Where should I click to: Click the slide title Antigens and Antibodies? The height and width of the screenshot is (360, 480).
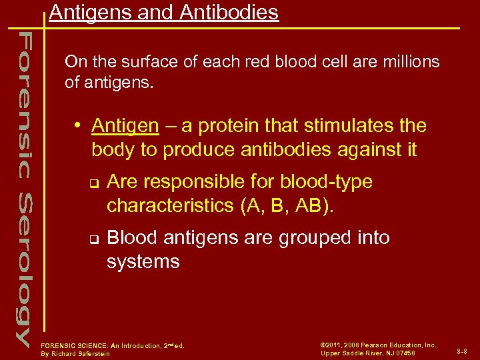(163, 13)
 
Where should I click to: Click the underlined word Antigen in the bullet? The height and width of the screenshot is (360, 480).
(125, 125)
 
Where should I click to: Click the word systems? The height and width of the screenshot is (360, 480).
(143, 261)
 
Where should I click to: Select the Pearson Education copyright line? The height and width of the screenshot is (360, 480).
(378, 345)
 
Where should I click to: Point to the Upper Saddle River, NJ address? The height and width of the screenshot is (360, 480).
(368, 353)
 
